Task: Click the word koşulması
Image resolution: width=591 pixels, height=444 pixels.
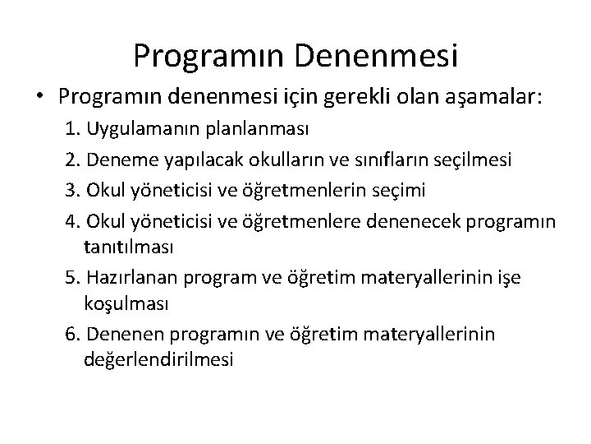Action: [126, 304]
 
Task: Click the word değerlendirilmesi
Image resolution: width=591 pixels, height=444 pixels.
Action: [158, 359]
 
